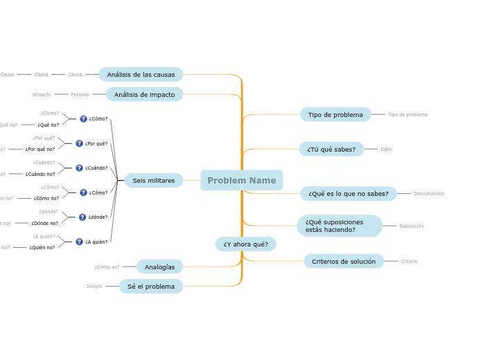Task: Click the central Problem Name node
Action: point(241,181)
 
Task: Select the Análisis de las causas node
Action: point(141,75)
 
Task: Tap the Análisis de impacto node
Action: point(144,94)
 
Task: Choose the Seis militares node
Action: point(153,181)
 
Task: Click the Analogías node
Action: point(159,267)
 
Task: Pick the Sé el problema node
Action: point(150,286)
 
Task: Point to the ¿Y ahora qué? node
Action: point(245,244)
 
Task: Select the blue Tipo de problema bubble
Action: point(335,114)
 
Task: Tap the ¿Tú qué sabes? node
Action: point(331,149)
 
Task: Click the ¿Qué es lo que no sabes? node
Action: point(348,194)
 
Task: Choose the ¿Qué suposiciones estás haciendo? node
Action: point(339,226)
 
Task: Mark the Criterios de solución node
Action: point(343,261)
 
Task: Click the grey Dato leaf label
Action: point(386,149)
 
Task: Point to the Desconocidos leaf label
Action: point(429,194)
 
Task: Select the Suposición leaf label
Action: point(411,226)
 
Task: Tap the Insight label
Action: point(94,286)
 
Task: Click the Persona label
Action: point(80,94)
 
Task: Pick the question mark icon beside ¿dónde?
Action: point(82,217)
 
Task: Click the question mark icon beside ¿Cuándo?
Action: point(79,168)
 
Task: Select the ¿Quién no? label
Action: point(42,247)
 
